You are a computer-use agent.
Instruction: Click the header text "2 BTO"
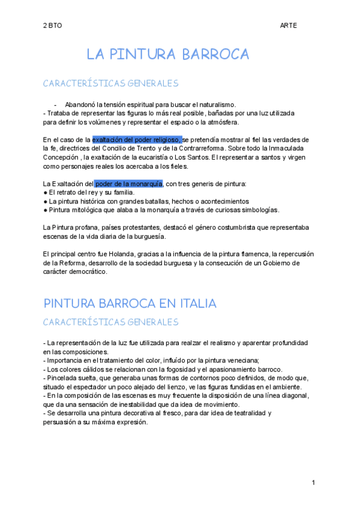[52, 26]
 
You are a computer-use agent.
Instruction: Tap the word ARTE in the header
[288, 26]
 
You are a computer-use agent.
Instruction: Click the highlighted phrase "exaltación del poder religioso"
[137, 139]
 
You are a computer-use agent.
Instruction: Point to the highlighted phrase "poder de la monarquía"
[128, 183]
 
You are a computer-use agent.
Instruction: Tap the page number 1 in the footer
[313, 483]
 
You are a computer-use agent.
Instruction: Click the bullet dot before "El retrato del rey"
[46, 192]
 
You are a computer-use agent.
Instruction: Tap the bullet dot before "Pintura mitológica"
[46, 210]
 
